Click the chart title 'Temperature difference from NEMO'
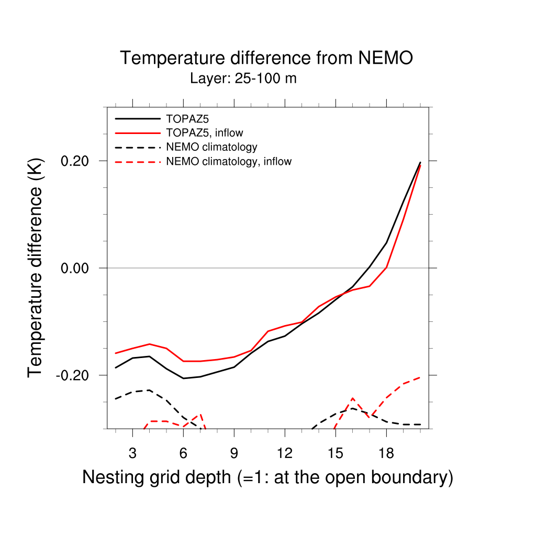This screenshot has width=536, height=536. click(266, 58)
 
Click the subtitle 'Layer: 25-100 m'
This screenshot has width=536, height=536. click(243, 79)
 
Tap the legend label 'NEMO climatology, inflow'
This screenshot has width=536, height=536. click(229, 161)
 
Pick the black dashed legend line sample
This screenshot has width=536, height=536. click(138, 147)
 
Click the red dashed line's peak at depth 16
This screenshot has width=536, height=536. click(352, 399)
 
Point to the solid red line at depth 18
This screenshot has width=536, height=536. click(386, 267)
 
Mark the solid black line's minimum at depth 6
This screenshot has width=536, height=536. click(183, 378)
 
